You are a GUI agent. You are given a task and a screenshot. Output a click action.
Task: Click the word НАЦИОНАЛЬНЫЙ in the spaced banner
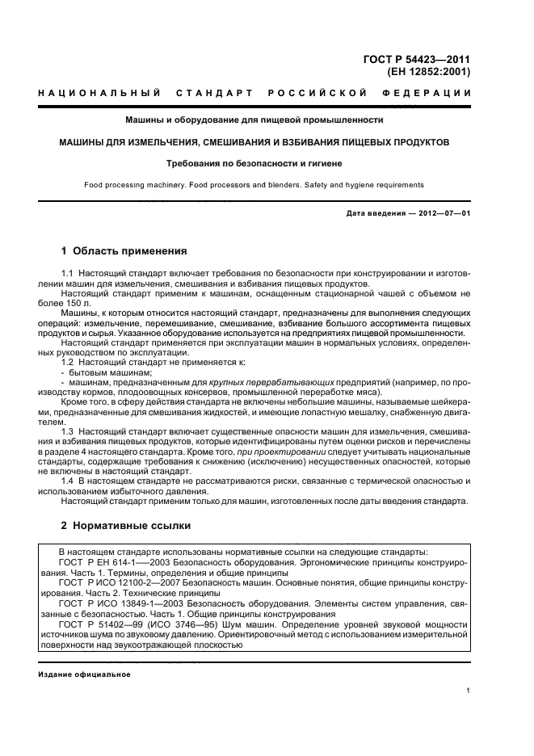click(99, 94)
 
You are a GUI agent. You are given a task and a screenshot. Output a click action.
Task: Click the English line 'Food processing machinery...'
click(254, 185)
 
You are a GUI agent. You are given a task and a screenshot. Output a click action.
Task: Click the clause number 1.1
click(69, 275)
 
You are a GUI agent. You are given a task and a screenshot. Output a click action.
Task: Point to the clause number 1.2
click(69, 363)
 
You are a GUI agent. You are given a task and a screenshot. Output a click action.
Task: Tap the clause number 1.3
click(69, 433)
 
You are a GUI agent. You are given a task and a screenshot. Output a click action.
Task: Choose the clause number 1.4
click(69, 481)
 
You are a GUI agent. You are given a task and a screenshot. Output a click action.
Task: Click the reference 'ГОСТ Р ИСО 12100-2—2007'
click(122, 582)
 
